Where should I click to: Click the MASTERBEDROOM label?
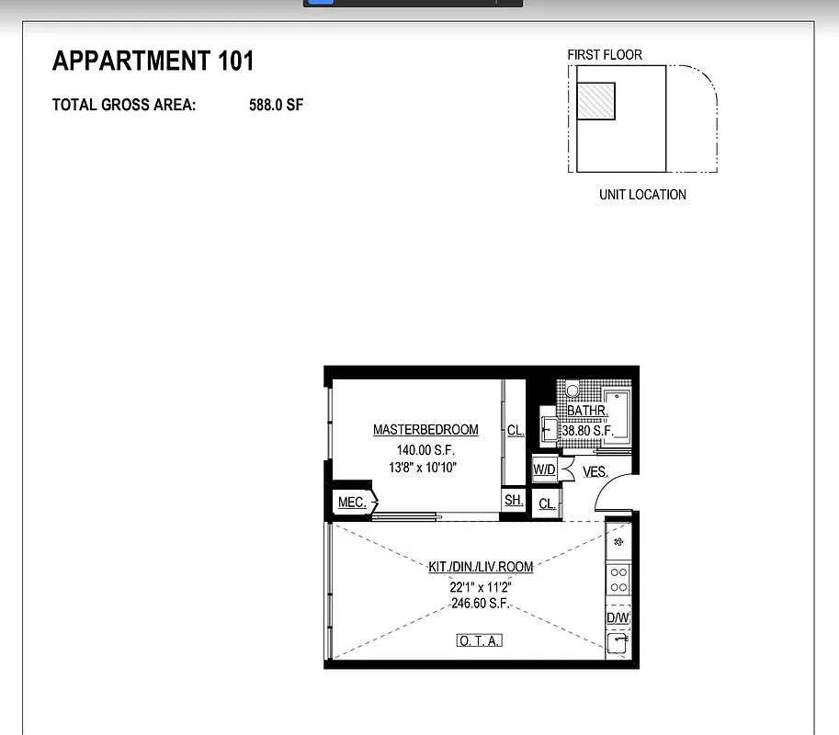pyautogui.click(x=425, y=430)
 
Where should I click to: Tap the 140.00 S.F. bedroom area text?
pyautogui.click(x=425, y=450)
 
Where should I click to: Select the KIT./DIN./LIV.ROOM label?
pyautogui.click(x=481, y=567)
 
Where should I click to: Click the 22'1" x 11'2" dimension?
pyautogui.click(x=481, y=586)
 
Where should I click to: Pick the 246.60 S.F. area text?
pyautogui.click(x=481, y=604)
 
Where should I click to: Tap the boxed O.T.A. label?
pyautogui.click(x=480, y=640)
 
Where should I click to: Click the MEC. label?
pyautogui.click(x=352, y=503)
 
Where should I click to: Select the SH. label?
pyautogui.click(x=514, y=501)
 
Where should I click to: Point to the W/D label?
pyautogui.click(x=544, y=470)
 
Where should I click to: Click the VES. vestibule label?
pyautogui.click(x=595, y=472)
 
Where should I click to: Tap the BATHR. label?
pyautogui.click(x=587, y=412)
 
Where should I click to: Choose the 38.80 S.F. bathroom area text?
pyautogui.click(x=587, y=430)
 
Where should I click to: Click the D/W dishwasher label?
pyautogui.click(x=618, y=617)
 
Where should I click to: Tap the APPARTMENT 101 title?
pyautogui.click(x=153, y=62)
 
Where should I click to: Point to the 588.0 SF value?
pyautogui.click(x=276, y=105)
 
